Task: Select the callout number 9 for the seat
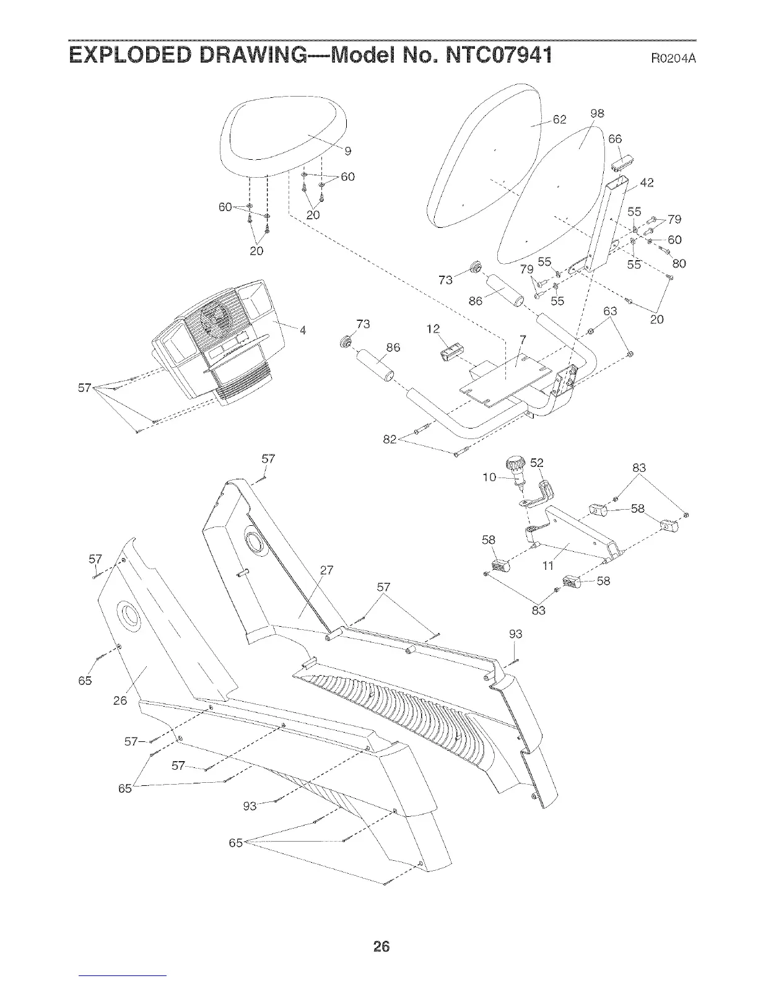(x=347, y=150)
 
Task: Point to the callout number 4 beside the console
(x=303, y=329)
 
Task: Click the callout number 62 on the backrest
(x=559, y=120)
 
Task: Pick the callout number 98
(x=597, y=113)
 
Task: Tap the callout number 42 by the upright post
(x=647, y=183)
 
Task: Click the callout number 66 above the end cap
(x=614, y=139)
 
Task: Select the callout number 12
(x=433, y=329)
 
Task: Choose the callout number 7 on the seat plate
(x=523, y=339)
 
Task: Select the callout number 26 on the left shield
(x=120, y=700)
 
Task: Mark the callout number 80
(x=679, y=264)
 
